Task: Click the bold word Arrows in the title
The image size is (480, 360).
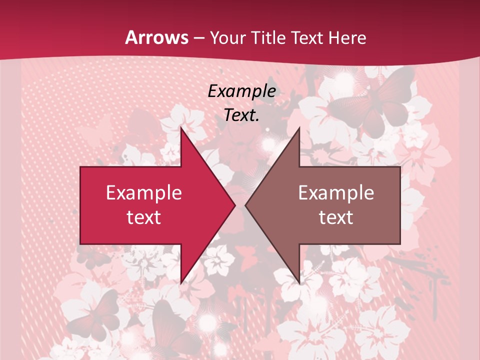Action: point(156,38)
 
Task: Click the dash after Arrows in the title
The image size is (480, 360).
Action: point(199,38)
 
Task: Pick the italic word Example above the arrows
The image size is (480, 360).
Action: point(242,91)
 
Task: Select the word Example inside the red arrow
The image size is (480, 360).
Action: point(144,192)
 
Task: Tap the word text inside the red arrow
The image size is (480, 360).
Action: point(144,217)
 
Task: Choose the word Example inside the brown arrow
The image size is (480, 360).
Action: point(336,192)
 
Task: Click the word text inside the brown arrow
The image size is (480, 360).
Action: point(336,217)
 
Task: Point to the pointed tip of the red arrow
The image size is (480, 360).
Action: point(234,205)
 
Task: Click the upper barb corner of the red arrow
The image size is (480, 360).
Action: point(181,128)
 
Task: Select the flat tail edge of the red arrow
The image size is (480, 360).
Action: point(81,205)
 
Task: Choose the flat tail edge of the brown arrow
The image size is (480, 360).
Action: point(399,205)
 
